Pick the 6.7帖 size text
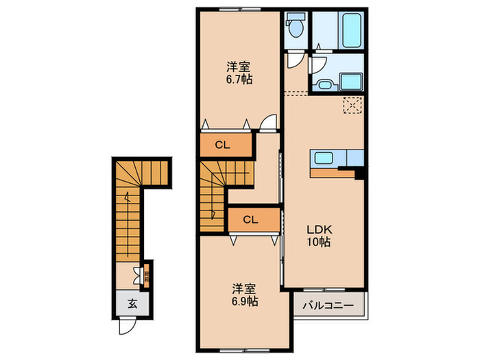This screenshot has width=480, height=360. [x=239, y=80]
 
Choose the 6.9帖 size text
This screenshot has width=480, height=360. [x=244, y=301]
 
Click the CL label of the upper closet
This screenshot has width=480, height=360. [x=221, y=145]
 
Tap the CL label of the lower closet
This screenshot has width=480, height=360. [x=250, y=220]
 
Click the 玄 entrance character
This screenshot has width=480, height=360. [x=130, y=304]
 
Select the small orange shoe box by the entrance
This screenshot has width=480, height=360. [x=146, y=277]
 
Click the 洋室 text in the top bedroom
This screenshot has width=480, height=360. [x=239, y=67]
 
